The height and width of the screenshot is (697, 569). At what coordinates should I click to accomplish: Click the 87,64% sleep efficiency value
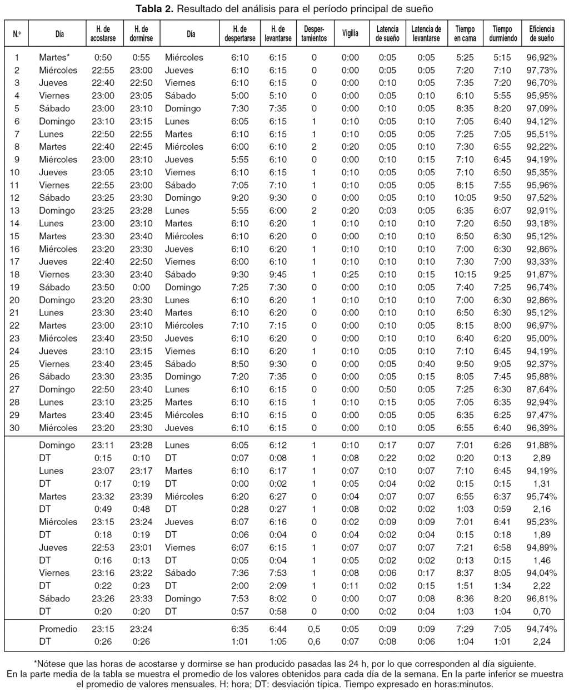541,389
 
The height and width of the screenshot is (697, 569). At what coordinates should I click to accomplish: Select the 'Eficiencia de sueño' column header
541,33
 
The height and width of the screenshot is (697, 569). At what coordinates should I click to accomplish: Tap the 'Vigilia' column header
350,33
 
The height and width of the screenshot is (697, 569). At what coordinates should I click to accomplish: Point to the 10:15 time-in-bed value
465,274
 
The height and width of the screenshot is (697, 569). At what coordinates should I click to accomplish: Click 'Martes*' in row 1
54,57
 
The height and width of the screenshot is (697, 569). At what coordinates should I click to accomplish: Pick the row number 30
17,428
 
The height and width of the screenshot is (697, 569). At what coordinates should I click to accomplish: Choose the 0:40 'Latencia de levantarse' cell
426,364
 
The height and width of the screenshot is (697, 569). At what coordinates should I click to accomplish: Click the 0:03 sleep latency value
387,210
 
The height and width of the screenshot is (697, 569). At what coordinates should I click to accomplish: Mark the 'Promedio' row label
58,629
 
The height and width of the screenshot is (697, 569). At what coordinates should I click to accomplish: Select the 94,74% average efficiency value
541,629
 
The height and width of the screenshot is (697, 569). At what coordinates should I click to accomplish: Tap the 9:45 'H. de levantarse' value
278,274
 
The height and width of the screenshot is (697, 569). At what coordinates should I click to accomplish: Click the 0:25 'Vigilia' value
350,274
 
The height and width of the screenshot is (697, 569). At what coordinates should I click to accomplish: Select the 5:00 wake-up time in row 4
240,96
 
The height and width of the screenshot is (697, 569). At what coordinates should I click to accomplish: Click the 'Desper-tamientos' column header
314,33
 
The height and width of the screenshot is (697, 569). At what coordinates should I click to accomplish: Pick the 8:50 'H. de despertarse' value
240,364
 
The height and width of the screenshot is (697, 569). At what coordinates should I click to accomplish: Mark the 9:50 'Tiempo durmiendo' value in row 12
503,197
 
